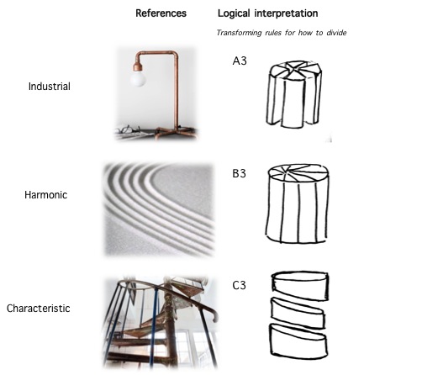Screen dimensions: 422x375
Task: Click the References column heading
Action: tap(161, 13)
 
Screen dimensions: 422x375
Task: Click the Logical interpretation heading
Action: tap(268, 13)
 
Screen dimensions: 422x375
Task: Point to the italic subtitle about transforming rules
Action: tap(282, 33)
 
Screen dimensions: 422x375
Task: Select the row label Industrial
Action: tap(50, 86)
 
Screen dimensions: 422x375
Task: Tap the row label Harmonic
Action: tap(46, 195)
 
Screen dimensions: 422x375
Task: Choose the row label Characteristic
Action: tap(39, 309)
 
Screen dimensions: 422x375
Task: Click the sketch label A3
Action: tap(240, 61)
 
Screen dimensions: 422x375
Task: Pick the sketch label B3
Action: tap(239, 173)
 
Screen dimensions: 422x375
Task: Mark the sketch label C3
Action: tap(239, 285)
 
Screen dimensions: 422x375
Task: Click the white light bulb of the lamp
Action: tap(138, 78)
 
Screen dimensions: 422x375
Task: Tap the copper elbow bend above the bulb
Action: tap(138, 56)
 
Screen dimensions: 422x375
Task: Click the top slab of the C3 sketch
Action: tap(300, 285)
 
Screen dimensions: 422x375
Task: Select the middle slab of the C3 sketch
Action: tap(298, 313)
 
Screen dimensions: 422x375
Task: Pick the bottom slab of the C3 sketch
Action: tap(298, 341)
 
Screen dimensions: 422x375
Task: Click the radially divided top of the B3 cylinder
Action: tap(298, 173)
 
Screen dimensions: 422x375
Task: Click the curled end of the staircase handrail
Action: tap(215, 317)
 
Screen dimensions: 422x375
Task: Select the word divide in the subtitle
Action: tap(336, 33)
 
